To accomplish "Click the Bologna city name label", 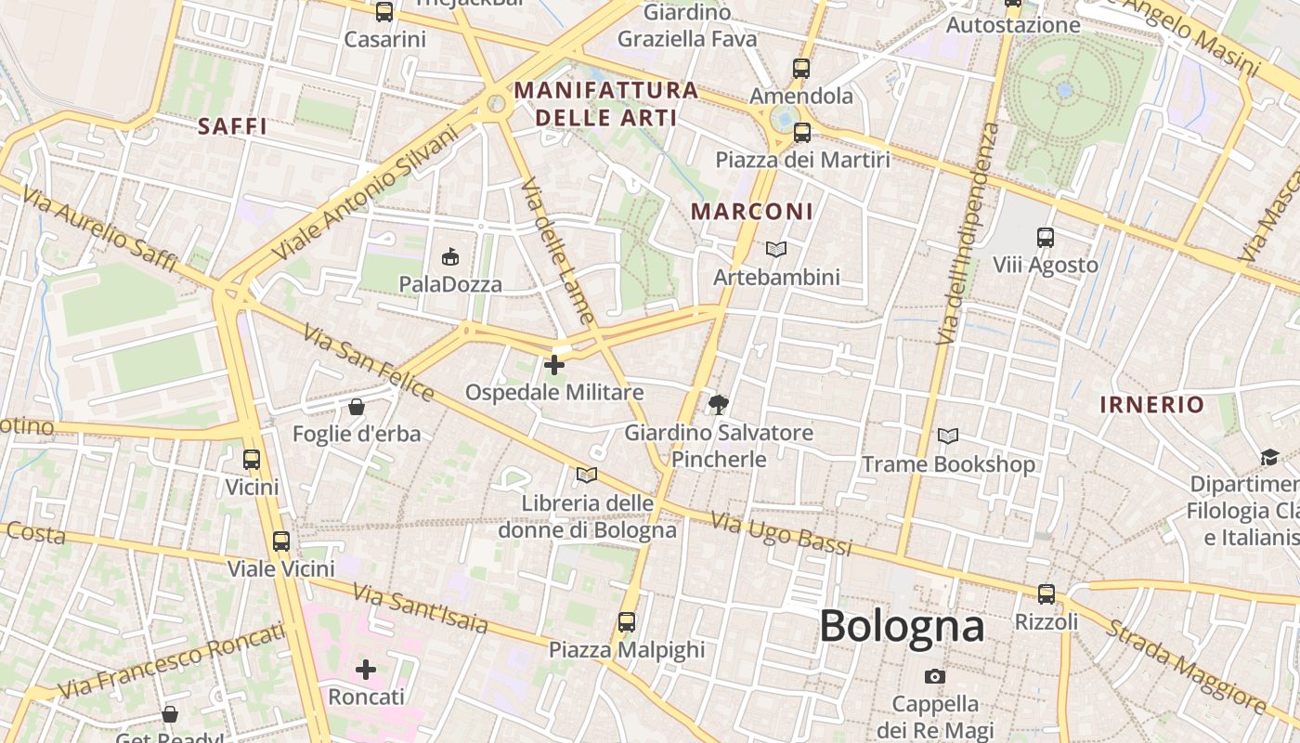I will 901,626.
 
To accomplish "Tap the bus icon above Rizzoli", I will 1046,593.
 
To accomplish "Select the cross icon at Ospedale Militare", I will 554,365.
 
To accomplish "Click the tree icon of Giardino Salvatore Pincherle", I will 718,404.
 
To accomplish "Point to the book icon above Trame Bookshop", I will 947,436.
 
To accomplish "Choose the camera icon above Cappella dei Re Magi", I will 935,676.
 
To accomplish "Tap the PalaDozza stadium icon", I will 450,255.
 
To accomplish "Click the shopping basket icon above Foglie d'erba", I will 356,407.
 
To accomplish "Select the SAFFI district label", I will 232,126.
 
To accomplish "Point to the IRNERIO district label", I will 1151,405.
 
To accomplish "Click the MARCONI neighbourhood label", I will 752,212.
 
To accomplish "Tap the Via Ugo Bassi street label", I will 781,534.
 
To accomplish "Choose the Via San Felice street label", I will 368,362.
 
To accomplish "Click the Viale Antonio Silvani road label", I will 367,193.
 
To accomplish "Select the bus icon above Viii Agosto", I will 1046,238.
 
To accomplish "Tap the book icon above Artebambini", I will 775,249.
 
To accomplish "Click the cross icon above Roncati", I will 366,669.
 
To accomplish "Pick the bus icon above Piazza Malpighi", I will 627,621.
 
